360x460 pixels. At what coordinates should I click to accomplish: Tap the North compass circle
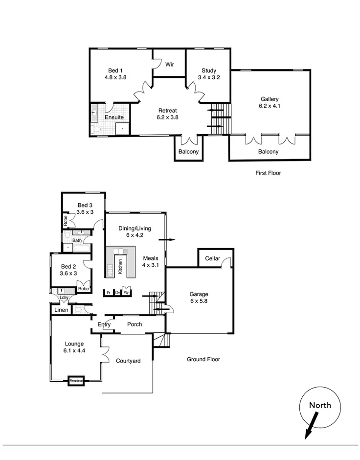[319, 407]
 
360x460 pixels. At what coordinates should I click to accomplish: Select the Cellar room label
[212, 258]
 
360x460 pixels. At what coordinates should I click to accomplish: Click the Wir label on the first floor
[170, 65]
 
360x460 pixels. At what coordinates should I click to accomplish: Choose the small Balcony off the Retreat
[188, 152]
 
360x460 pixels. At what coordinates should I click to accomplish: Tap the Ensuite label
[114, 117]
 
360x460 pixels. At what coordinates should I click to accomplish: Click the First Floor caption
[268, 173]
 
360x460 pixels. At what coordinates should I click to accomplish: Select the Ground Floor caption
[203, 359]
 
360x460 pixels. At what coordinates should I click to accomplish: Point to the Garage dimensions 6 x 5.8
[199, 301]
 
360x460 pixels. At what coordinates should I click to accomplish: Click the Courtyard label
[128, 361]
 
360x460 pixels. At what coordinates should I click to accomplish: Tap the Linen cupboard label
[61, 310]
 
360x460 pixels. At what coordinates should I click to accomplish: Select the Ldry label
[64, 297]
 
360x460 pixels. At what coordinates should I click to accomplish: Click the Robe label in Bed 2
[83, 289]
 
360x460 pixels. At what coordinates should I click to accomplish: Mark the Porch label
[135, 324]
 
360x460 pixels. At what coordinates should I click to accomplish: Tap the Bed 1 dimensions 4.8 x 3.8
[115, 77]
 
